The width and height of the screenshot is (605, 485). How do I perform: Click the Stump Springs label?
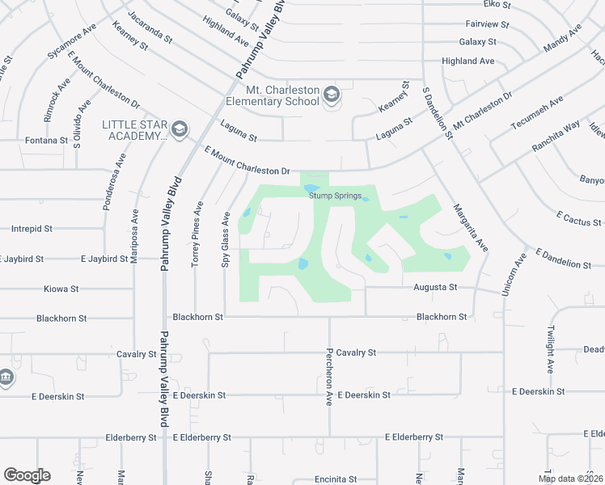click(333, 196)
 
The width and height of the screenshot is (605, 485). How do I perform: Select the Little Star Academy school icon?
click(180, 129)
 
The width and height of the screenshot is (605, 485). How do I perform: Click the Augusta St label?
click(436, 287)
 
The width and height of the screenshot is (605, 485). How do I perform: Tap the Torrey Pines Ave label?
click(195, 234)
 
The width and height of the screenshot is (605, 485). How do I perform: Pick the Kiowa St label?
click(61, 288)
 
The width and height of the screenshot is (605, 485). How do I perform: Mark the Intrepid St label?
click(32, 229)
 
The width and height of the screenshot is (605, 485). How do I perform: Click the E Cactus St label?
click(578, 221)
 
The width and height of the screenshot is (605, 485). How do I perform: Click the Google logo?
click(27, 475)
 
